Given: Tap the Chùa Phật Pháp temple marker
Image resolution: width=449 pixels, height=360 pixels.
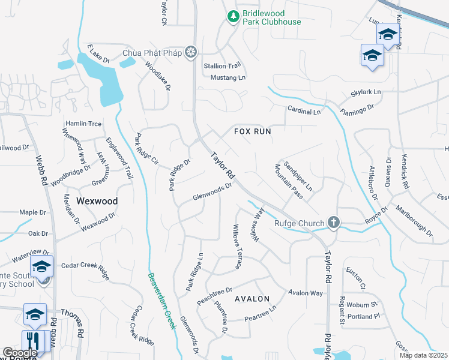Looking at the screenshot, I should (191, 53).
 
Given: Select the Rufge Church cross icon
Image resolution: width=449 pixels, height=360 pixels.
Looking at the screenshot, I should (334, 223).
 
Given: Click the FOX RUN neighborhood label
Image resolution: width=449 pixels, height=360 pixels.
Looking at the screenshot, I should (252, 131).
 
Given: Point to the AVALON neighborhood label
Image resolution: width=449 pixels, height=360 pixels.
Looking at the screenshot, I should (252, 298).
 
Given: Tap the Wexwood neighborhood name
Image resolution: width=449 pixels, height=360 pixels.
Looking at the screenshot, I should (97, 201).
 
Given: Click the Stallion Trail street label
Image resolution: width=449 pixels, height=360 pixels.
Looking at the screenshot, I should (222, 66).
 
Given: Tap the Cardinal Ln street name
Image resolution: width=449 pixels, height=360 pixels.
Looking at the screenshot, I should (304, 112).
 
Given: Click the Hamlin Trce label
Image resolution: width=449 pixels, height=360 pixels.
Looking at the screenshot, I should (83, 124).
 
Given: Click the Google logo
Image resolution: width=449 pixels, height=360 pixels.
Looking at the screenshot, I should (20, 353).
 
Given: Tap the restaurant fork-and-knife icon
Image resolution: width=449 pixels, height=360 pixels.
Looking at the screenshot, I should (33, 341).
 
